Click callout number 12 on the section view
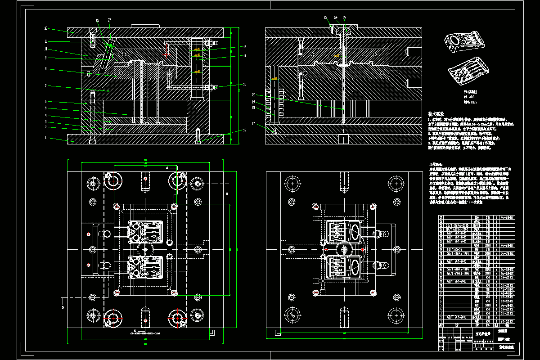point(46,28)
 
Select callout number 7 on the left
point(46,85)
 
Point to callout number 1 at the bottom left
point(46,137)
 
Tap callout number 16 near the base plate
point(244,130)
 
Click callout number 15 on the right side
point(244,84)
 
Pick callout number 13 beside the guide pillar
point(244,47)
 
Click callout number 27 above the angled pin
point(109,20)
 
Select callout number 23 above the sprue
point(326,18)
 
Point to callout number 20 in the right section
point(254,95)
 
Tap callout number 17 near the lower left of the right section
point(254,123)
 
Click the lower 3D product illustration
point(468,72)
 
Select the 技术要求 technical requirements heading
point(436,114)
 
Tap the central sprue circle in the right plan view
point(344,249)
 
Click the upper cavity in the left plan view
point(144,231)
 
